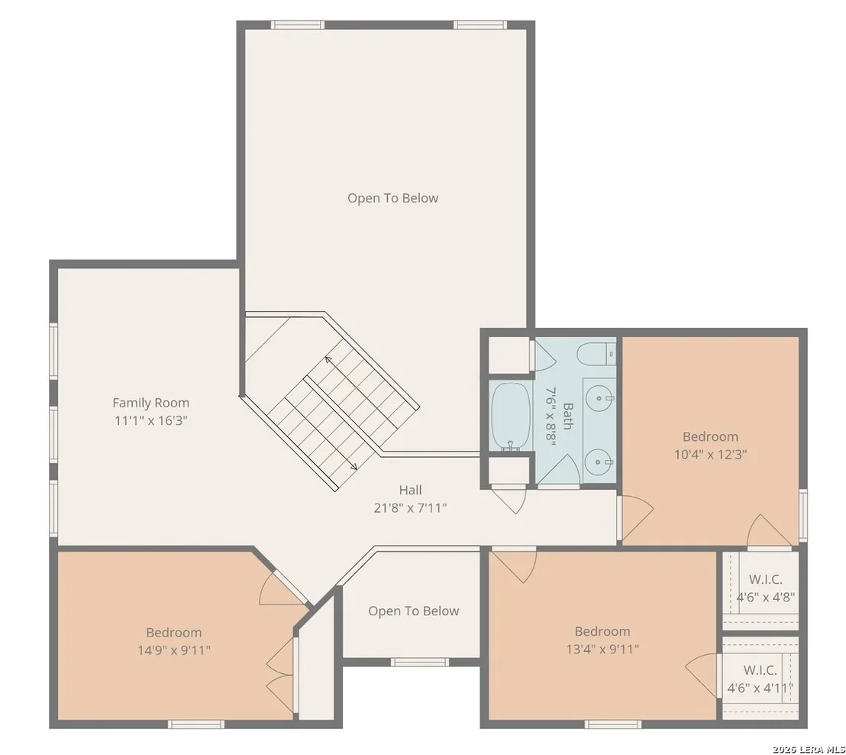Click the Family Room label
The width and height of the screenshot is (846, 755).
[150, 403]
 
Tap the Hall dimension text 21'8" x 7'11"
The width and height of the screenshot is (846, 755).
[411, 508]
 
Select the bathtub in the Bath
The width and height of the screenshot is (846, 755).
[511, 416]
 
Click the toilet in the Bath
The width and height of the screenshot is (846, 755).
[596, 355]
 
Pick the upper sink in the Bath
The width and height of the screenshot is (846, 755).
[599, 399]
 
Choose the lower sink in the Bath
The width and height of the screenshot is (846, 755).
[599, 462]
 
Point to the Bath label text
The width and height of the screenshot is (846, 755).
[567, 416]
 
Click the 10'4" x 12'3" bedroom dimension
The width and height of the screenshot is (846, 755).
[711, 455]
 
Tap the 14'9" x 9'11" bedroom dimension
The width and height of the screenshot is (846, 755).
[174, 650]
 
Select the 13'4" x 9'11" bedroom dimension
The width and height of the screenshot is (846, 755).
[602, 649]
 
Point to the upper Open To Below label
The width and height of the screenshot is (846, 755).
[392, 198]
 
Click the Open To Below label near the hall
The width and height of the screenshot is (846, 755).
[414, 611]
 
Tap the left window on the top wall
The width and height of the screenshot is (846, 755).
[297, 25]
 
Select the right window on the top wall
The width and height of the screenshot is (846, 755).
[480, 25]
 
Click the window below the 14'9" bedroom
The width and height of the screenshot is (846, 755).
[196, 724]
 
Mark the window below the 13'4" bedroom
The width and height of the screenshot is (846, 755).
[613, 724]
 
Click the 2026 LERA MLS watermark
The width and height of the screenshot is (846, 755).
[809, 749]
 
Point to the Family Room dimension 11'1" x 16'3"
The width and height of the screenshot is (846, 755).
[151, 421]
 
